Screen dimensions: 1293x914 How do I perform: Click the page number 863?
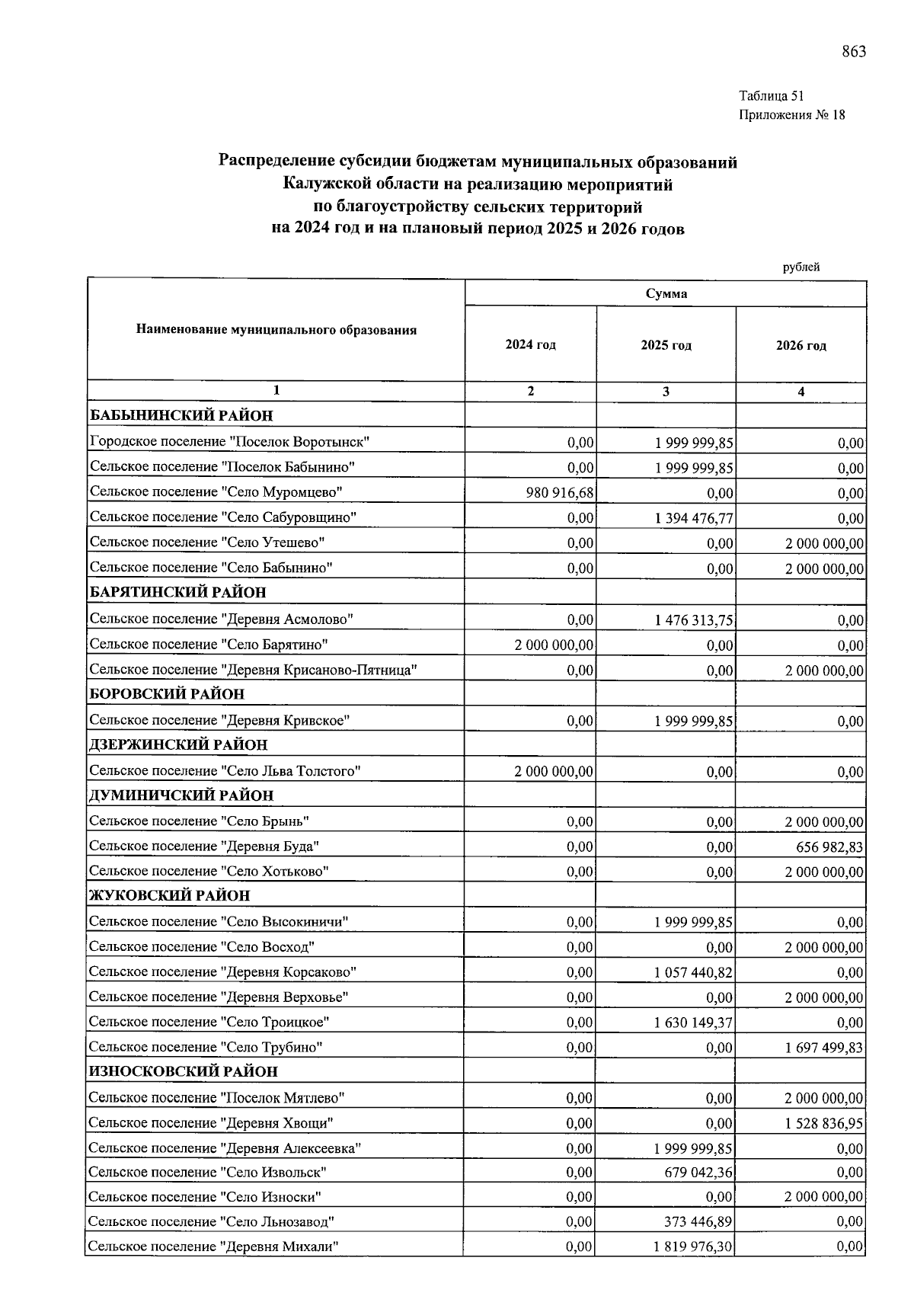click(854, 52)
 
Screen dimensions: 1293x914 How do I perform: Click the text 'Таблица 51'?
click(771, 96)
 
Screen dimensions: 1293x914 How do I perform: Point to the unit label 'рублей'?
click(801, 267)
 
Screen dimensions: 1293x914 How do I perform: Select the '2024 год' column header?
click(530, 345)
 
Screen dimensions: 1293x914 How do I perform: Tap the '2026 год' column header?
click(801, 346)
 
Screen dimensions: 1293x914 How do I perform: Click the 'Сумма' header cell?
click(666, 294)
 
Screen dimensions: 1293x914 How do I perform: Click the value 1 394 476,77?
click(694, 518)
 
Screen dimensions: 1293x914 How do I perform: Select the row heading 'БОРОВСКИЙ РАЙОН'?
click(168, 694)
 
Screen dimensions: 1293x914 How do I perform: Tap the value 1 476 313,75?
click(694, 620)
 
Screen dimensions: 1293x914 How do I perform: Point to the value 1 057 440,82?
click(693, 972)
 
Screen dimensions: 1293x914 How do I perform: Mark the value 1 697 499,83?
click(824, 1048)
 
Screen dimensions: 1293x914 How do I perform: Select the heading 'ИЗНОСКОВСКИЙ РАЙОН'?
click(183, 1071)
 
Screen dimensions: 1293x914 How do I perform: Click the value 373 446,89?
click(698, 1222)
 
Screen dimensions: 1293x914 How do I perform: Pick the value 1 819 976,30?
click(693, 1247)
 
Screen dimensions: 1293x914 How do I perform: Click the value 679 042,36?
click(698, 1172)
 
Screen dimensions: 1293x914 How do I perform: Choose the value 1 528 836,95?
click(824, 1123)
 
